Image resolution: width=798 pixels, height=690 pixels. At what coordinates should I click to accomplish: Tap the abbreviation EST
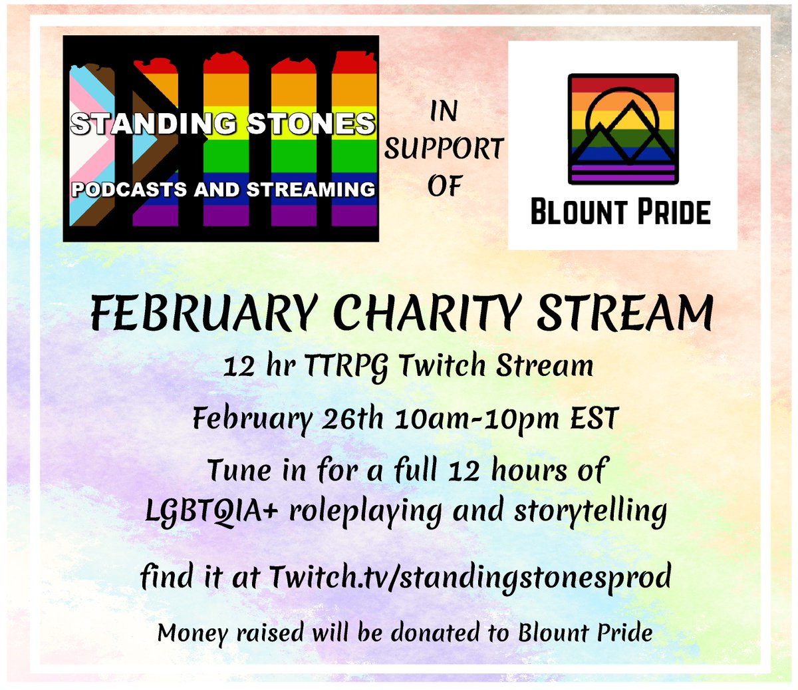coord(593,419)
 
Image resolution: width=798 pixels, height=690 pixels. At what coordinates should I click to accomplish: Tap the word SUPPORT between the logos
coord(444,149)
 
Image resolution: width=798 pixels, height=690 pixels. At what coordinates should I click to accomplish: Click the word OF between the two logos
coord(444,186)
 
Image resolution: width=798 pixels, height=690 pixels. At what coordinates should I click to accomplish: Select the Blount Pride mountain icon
coord(623,128)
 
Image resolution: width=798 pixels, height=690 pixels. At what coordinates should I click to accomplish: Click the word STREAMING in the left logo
coord(311,190)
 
